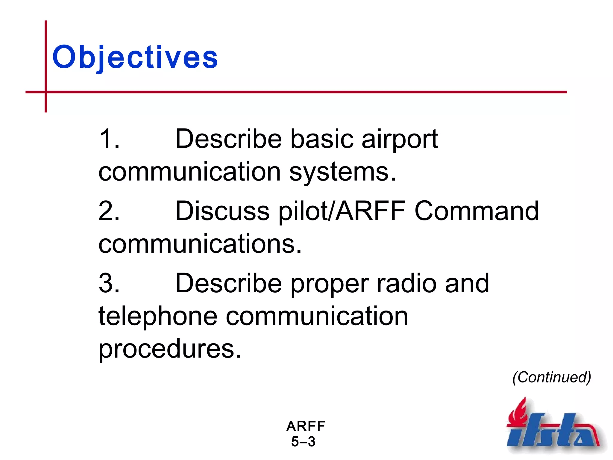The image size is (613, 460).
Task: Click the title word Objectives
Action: pos(135,57)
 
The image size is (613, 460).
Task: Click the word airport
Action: pos(400,140)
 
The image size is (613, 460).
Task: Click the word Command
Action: pos(477,211)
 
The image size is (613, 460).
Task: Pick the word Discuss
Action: pos(222,211)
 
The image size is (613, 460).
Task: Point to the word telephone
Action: pos(158,316)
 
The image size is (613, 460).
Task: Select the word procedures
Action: pos(169,349)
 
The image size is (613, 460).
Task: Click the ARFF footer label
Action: pos(306,426)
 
